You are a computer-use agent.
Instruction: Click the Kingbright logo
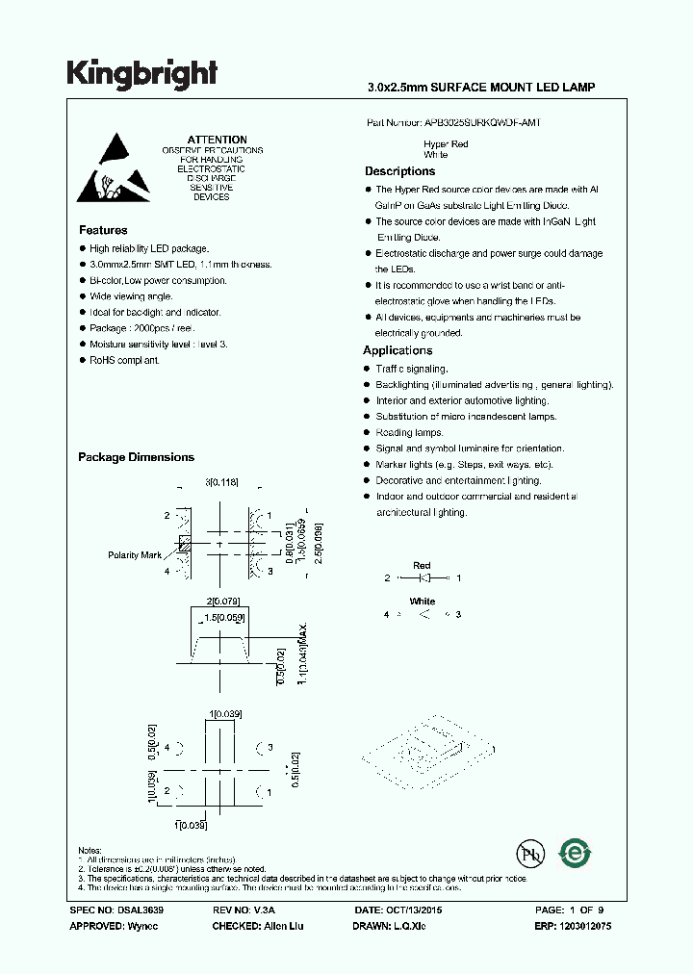(141, 74)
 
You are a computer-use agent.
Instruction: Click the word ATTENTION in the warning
(217, 140)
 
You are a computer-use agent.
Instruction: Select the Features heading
(103, 231)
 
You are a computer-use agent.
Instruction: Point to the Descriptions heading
(399, 171)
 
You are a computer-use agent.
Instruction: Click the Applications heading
(398, 350)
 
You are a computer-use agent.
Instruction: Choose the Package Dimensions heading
(136, 457)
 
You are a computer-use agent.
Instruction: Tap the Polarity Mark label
(135, 555)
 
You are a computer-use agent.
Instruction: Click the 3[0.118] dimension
(221, 481)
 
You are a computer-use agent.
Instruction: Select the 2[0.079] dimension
(220, 602)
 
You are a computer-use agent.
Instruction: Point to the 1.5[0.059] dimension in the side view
(222, 618)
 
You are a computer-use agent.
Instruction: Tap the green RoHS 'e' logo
(576, 854)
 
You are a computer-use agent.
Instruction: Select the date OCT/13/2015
(414, 910)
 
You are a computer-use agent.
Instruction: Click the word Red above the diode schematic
(422, 565)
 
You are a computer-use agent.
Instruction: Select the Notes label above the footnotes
(89, 850)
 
